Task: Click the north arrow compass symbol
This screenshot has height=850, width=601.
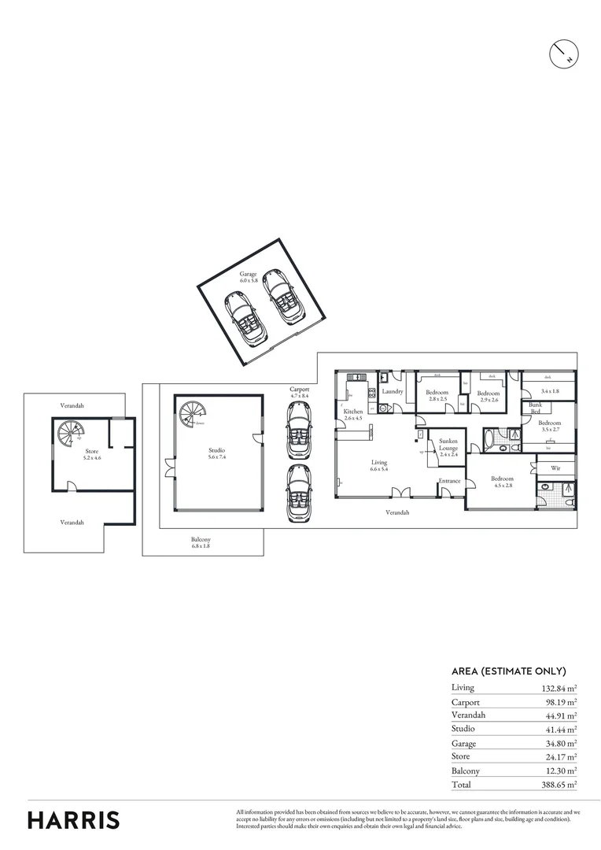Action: (x=563, y=53)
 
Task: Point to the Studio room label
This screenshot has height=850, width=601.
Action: (x=216, y=453)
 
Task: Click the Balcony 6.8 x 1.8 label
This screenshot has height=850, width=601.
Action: (x=201, y=542)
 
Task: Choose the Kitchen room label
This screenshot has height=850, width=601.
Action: (x=352, y=415)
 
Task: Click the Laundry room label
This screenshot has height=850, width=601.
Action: (x=392, y=391)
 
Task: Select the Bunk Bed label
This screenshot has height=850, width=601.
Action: (x=535, y=408)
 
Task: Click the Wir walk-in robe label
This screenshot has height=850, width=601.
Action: (x=555, y=468)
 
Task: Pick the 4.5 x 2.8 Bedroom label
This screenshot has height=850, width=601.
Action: (x=502, y=482)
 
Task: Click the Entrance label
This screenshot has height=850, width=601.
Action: (x=449, y=481)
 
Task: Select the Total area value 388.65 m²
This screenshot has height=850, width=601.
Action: (x=558, y=785)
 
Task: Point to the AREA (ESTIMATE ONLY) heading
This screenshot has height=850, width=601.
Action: (x=508, y=671)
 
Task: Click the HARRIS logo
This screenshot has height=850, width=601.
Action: (x=74, y=820)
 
